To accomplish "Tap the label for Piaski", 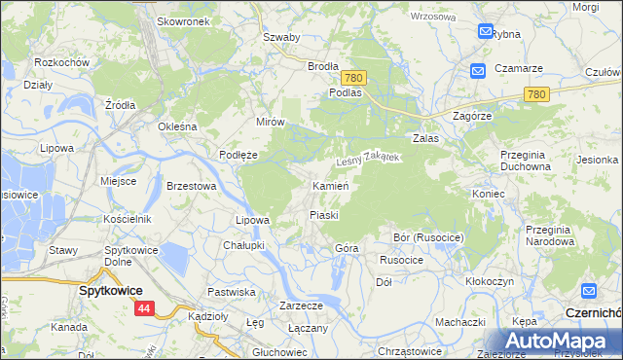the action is (323, 214).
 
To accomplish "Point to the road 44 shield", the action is (144, 308).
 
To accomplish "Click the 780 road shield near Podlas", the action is (353, 77).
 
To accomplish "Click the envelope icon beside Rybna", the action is (486, 32).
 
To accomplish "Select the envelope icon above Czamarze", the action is (478, 71).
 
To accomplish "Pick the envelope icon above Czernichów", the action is (589, 291).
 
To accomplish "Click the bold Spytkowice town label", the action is (111, 290).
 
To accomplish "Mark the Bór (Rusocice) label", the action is (428, 237).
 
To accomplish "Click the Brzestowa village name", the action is (190, 185).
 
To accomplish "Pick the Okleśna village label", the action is (178, 126).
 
